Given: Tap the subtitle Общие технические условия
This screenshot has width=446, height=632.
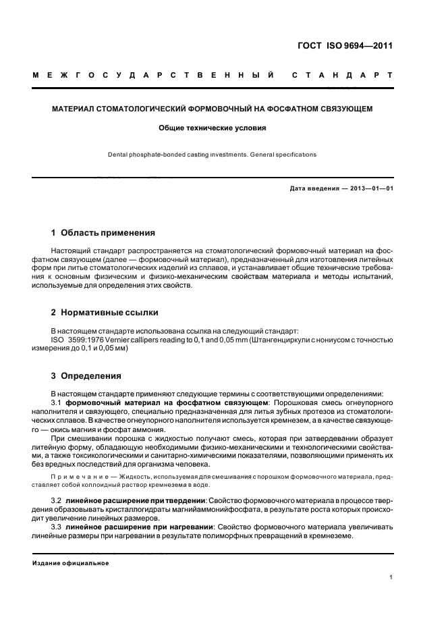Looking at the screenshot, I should point(213,127).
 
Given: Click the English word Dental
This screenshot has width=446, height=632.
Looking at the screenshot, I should point(119,155).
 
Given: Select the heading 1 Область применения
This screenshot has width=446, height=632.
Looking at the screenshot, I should point(103,233).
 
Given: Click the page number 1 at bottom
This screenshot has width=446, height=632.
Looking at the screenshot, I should point(391,577).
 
